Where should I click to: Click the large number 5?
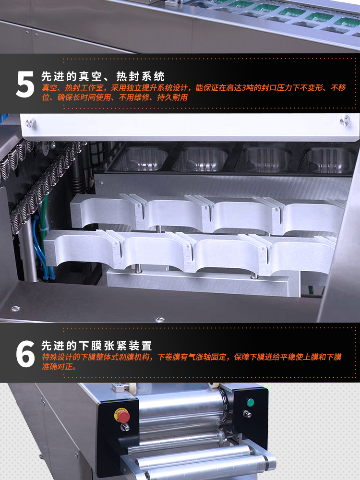pos(25,84)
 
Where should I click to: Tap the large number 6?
pos(25,354)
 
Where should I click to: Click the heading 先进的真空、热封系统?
pos(103,76)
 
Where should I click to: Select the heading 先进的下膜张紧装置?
pos(97,346)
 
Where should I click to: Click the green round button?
pos(251,402)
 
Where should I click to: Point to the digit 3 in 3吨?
pos(244,88)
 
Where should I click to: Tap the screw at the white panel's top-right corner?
pos(345,120)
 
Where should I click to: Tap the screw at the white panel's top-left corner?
pos(30,123)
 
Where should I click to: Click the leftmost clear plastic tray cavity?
pos(140,159)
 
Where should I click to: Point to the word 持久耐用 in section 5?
pos(172,97)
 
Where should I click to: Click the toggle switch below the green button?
pos(247,414)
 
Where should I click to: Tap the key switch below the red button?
pos(125,427)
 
